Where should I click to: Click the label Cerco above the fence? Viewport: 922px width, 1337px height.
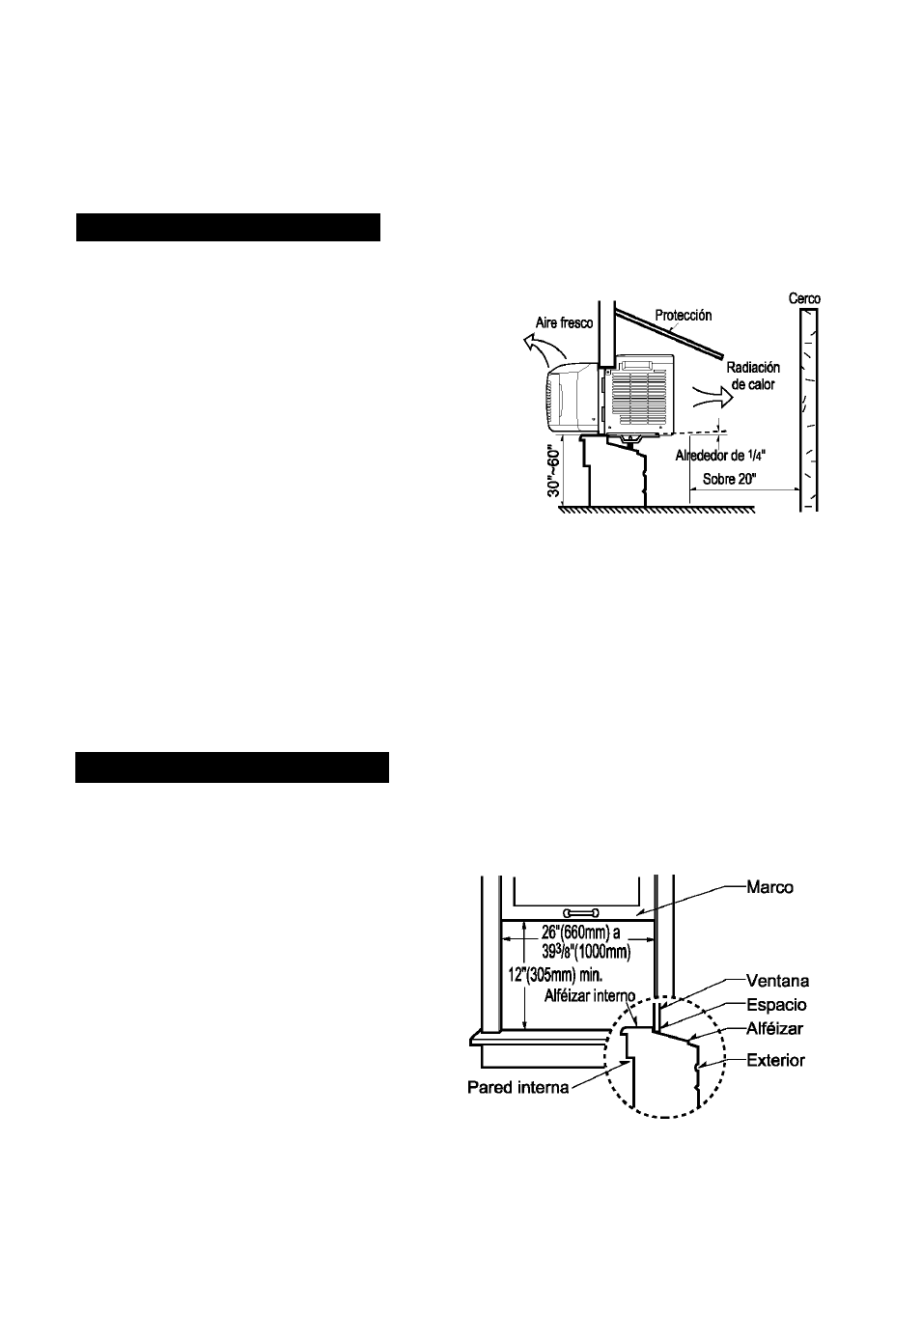coord(804,299)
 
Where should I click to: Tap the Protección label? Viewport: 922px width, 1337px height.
coord(683,316)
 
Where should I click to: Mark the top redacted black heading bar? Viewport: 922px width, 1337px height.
coord(229,228)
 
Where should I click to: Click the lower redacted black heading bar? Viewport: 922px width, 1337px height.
coord(233,767)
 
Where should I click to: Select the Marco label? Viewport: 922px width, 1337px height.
coord(770,887)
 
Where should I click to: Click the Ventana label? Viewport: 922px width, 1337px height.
coord(777,982)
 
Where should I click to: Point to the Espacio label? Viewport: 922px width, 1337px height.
coord(776,1005)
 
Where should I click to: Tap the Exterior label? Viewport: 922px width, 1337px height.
coord(776,1060)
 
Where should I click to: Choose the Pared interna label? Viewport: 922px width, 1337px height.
coord(518,1088)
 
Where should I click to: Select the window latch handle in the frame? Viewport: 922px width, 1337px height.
coord(581,912)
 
